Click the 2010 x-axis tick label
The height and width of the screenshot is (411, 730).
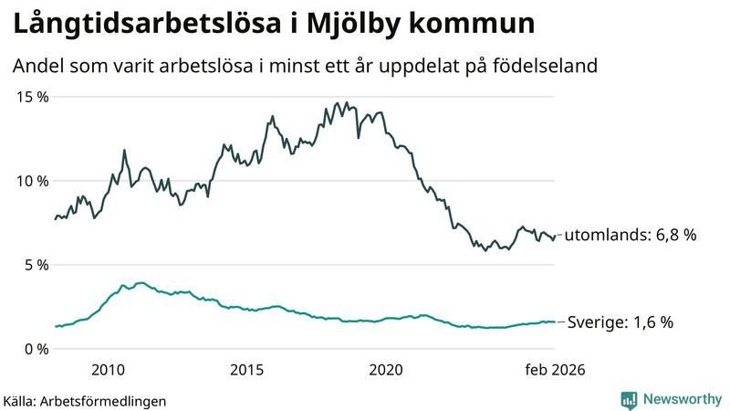pos(108,370)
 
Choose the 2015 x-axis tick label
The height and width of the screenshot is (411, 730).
pos(246,370)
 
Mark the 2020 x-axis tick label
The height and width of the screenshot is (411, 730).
pos(385,370)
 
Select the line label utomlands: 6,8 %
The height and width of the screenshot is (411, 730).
pos(631,236)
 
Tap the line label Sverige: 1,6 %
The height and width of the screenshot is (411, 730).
pos(620,322)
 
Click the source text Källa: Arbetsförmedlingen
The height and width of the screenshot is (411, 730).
pos(85,400)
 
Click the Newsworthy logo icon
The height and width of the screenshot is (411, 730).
pos(629,399)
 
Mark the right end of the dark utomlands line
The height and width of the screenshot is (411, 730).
pos(554,236)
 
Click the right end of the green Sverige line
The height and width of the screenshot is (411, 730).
pos(554,321)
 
